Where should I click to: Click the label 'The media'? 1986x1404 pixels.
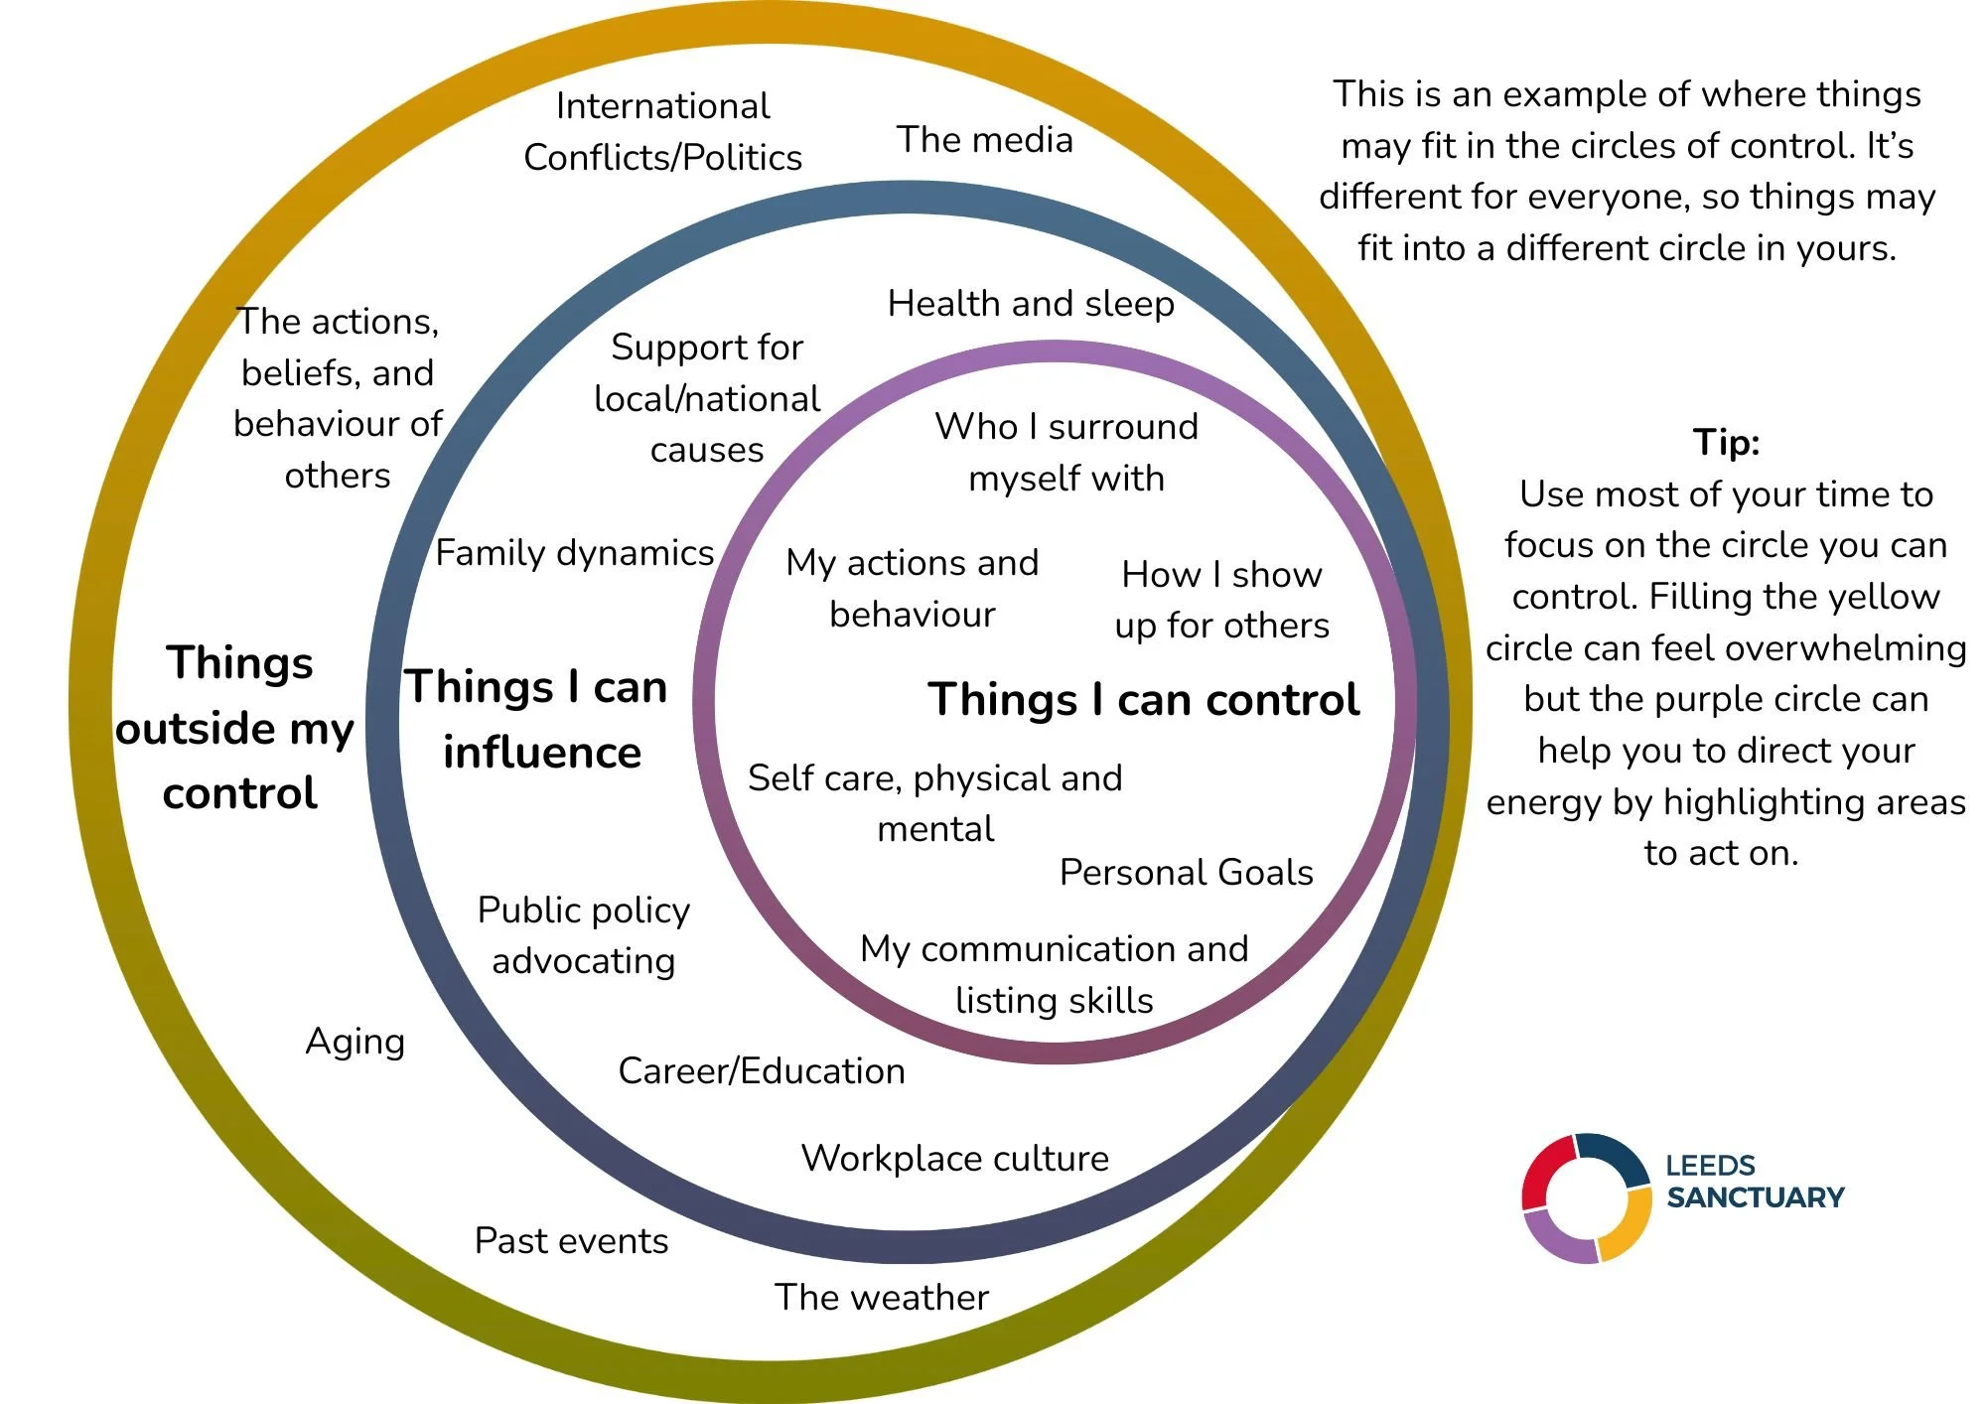point(984,140)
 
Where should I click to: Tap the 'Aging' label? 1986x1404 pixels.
point(355,1042)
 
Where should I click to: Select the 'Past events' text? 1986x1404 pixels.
point(571,1240)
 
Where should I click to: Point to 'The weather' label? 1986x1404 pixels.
point(882,1297)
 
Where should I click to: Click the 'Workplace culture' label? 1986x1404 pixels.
point(954,1158)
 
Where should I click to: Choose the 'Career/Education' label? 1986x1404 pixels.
point(762,1070)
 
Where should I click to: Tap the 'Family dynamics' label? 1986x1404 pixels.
point(575,552)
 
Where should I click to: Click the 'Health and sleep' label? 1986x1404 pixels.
point(1031,303)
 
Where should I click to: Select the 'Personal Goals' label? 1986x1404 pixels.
point(1186,872)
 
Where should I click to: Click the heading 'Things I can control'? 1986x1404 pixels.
point(1143,699)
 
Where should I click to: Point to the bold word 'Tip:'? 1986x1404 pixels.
point(1726,442)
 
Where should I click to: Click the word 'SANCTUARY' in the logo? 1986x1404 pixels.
point(1755,1197)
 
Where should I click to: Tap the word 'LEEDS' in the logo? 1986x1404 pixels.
point(1710,1165)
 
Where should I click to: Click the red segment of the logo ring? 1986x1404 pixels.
point(1542,1172)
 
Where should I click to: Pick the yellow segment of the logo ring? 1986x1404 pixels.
point(1629,1226)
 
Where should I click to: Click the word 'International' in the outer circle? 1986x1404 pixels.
point(662,106)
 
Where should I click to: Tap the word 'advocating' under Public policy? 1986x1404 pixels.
point(583,961)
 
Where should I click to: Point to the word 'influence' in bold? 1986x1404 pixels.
point(542,753)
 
